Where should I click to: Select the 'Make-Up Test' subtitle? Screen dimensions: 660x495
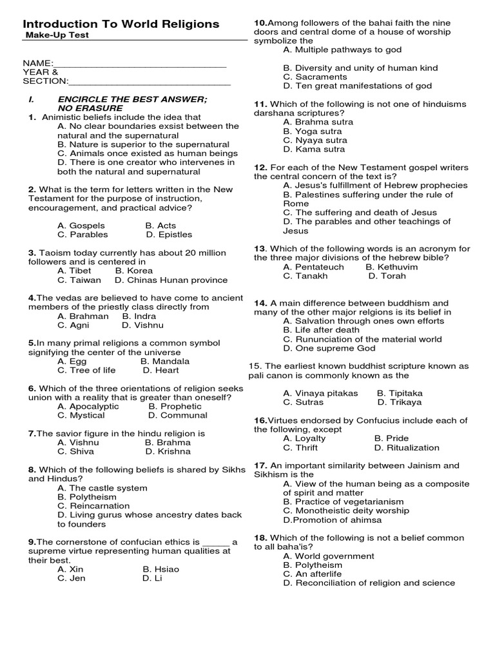(x=57, y=35)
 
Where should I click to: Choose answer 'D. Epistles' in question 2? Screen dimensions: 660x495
(x=169, y=235)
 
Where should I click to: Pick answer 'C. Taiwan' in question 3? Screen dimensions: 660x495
(x=79, y=280)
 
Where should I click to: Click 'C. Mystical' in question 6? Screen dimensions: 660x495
(x=81, y=416)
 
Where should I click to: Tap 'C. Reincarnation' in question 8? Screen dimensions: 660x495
(x=93, y=506)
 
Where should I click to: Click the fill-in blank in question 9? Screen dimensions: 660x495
(x=215, y=542)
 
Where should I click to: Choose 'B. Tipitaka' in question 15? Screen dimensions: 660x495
(x=400, y=393)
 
